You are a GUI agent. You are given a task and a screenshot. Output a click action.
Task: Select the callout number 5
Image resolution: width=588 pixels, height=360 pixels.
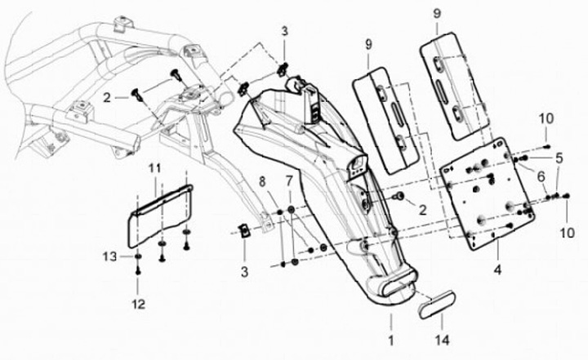(x=559, y=156)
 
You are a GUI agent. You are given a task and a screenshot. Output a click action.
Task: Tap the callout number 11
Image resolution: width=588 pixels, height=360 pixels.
(x=152, y=168)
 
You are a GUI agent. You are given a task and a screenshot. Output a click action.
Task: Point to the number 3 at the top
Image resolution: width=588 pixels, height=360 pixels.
(x=284, y=31)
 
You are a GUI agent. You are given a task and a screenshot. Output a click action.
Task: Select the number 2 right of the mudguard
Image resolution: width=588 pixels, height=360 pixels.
(x=422, y=210)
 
